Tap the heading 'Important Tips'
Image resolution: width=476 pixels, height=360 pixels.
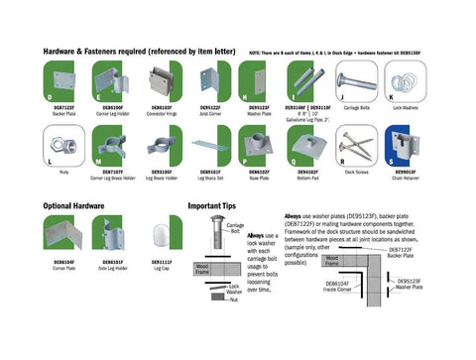click(210, 206)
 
